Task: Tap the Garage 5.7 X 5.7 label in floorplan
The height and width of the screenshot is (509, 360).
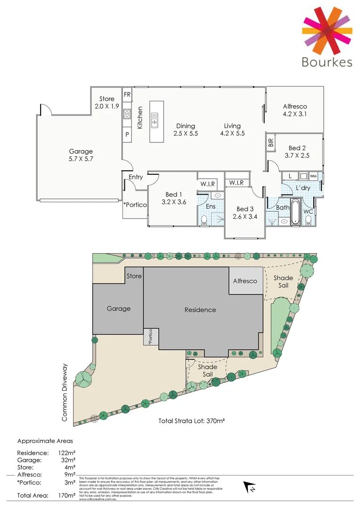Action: tap(81, 156)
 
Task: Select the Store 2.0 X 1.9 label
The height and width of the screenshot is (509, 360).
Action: tap(107, 102)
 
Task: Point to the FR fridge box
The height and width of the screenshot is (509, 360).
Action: tap(127, 94)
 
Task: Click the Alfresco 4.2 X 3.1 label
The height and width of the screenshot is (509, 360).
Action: tap(295, 110)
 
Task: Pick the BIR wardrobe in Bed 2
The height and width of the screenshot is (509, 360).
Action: tap(270, 143)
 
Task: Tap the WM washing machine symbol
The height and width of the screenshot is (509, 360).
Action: tap(313, 176)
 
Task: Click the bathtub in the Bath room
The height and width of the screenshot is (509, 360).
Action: tap(295, 212)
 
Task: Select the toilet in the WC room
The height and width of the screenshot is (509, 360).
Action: tap(308, 220)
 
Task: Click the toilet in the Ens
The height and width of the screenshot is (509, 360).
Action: tap(204, 220)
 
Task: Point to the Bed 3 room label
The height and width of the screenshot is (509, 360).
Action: tap(245, 213)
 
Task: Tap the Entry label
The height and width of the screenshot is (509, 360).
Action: tap(136, 177)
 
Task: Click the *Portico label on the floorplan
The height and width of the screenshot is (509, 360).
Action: tap(135, 205)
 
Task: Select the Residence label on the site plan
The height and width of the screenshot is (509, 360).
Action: tap(200, 310)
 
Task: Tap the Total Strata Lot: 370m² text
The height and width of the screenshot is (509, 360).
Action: tap(191, 421)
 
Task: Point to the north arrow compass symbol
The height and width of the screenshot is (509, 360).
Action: tap(248, 487)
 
